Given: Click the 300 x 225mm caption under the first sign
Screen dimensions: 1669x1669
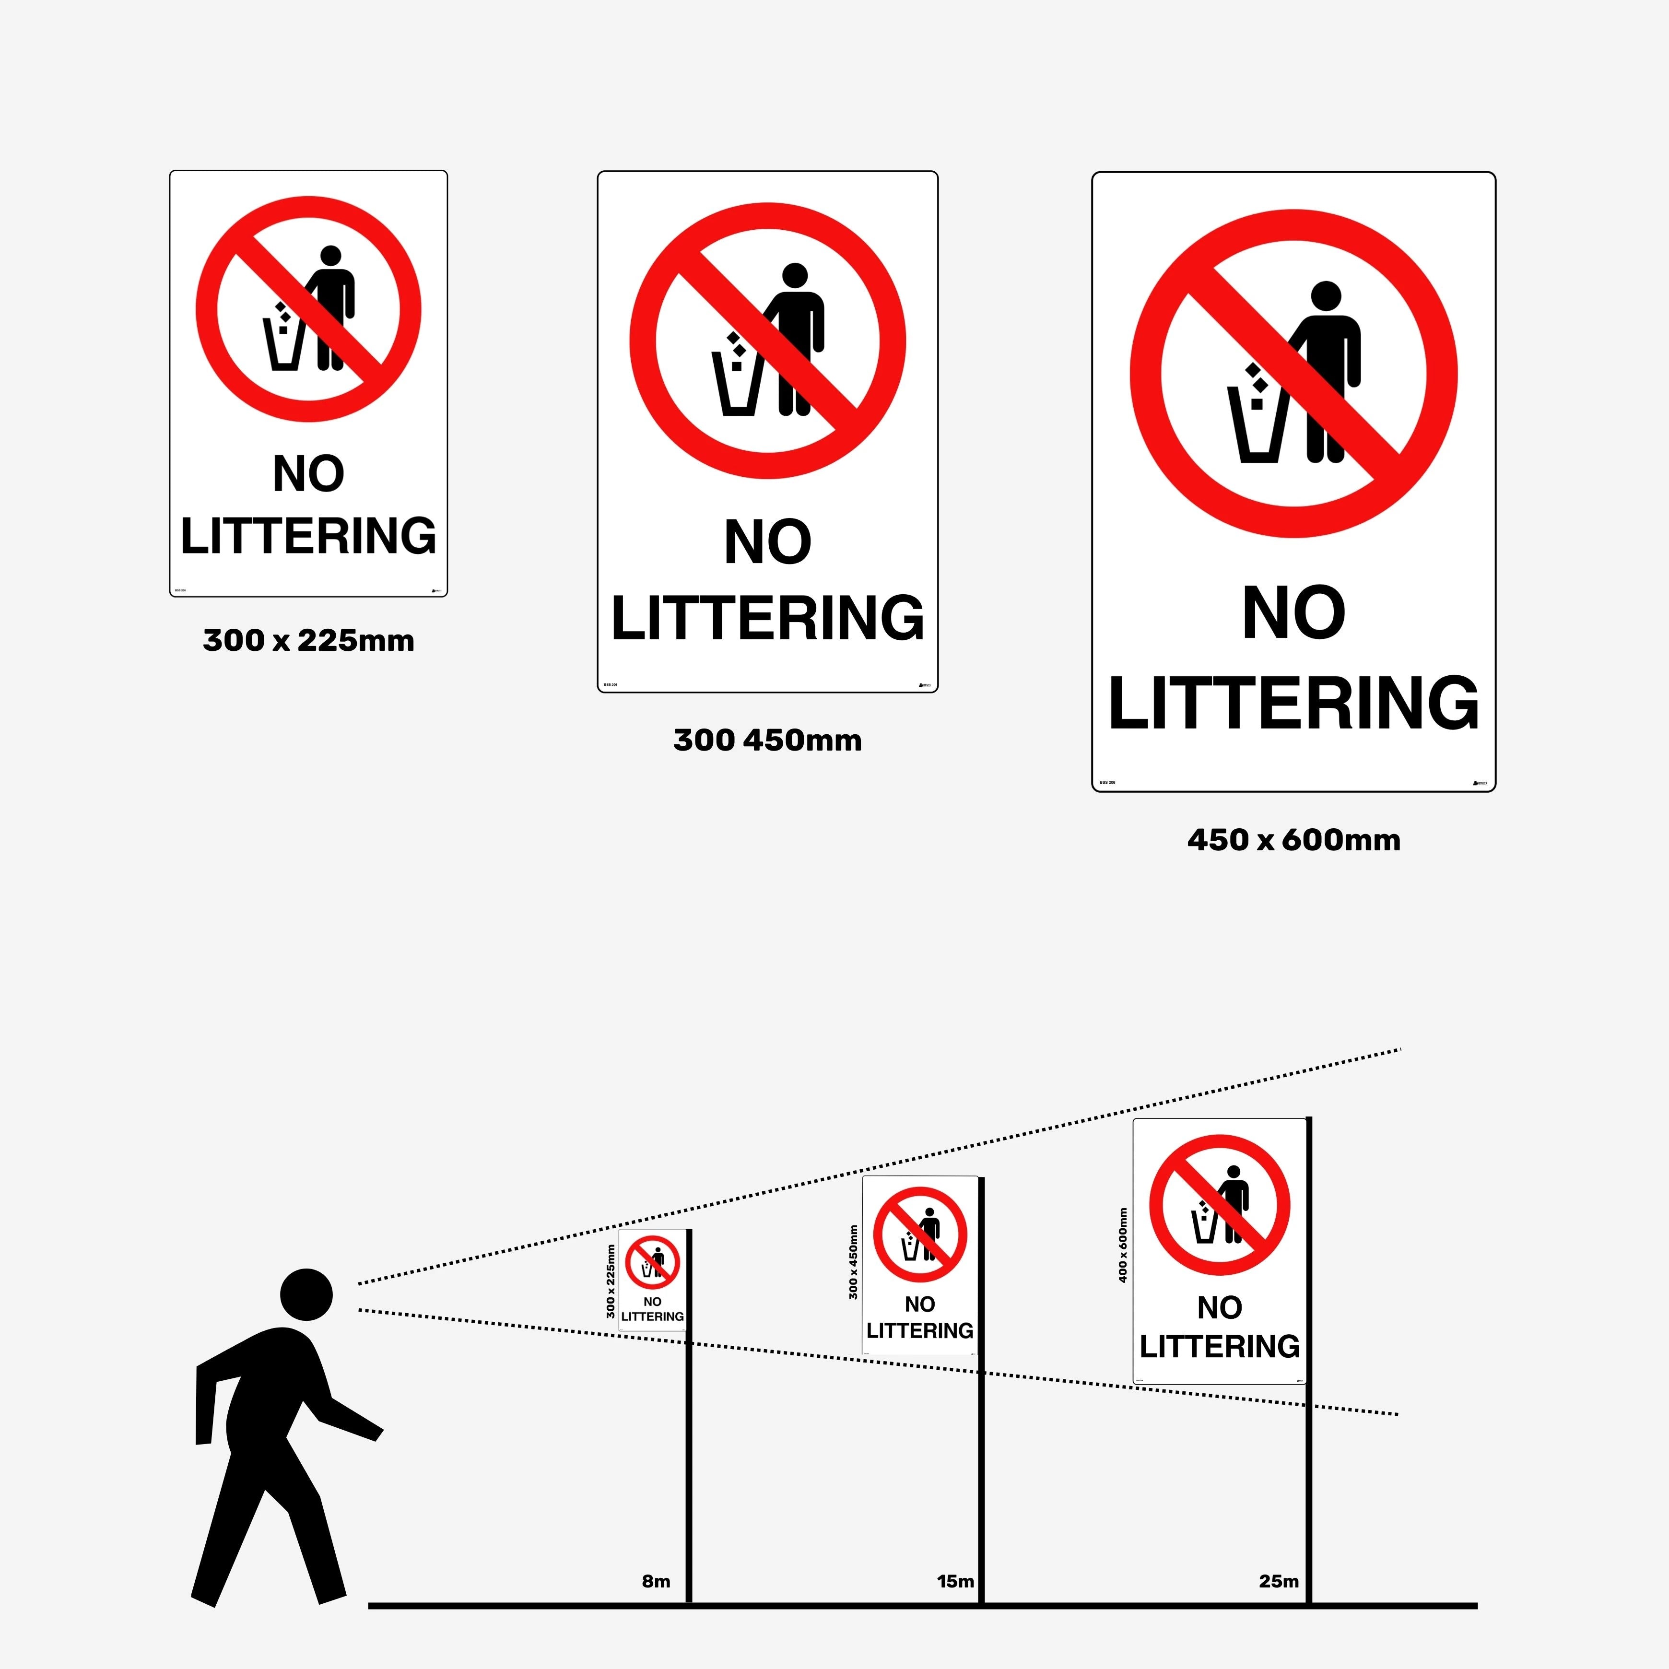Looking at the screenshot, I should pyautogui.click(x=308, y=640).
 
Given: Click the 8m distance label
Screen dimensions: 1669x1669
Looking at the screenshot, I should pyautogui.click(x=656, y=1581).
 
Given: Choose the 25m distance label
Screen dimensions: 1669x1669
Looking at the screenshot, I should pyautogui.click(x=1279, y=1581).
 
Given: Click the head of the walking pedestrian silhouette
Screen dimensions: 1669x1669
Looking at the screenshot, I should pyautogui.click(x=306, y=1294).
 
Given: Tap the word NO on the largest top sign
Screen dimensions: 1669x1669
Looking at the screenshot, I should pyautogui.click(x=1293, y=613).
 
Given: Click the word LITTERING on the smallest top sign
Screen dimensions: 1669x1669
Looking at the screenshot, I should pyautogui.click(x=308, y=536).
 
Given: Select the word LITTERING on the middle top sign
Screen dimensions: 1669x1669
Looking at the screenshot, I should pyautogui.click(x=767, y=619).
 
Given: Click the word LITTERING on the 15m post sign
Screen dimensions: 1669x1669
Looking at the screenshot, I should pyautogui.click(x=919, y=1330).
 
